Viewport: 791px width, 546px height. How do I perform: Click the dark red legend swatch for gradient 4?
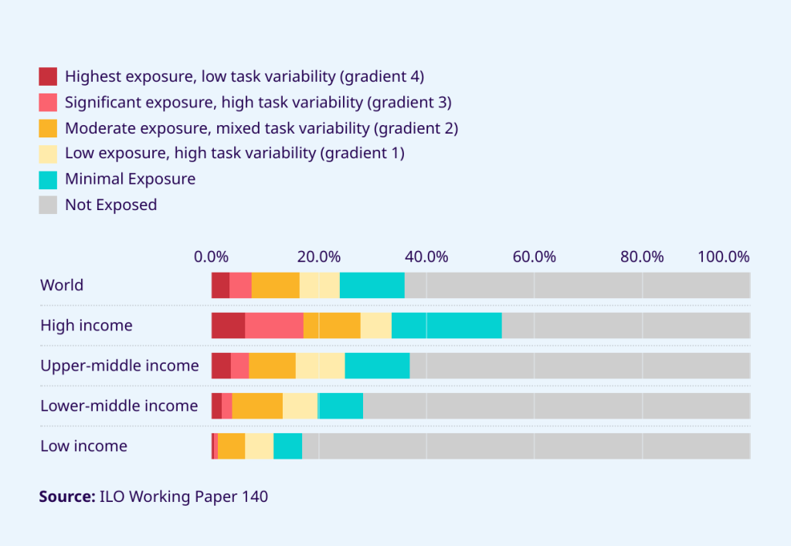click(48, 76)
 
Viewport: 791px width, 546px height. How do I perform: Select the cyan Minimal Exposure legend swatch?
click(48, 179)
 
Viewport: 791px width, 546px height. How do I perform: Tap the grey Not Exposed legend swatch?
click(48, 205)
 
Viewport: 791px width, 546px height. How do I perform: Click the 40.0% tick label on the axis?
click(426, 256)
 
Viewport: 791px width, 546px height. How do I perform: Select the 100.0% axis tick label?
click(724, 256)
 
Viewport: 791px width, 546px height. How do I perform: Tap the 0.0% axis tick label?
click(211, 256)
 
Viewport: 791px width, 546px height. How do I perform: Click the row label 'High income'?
click(87, 325)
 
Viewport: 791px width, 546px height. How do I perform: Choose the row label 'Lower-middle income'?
click(119, 405)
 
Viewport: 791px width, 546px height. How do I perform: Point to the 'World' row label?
click(62, 285)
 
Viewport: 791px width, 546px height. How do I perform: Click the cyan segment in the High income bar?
click(446, 325)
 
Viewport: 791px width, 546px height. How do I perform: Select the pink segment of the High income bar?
click(274, 325)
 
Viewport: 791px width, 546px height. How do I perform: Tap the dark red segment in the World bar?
click(220, 285)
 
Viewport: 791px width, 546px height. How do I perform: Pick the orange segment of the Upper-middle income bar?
click(272, 365)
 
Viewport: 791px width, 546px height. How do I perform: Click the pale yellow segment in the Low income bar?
click(259, 446)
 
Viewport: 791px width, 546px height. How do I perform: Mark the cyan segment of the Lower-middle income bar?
click(341, 405)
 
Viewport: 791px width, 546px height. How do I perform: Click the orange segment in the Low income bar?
click(231, 446)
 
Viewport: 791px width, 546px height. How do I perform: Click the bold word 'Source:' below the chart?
click(67, 497)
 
